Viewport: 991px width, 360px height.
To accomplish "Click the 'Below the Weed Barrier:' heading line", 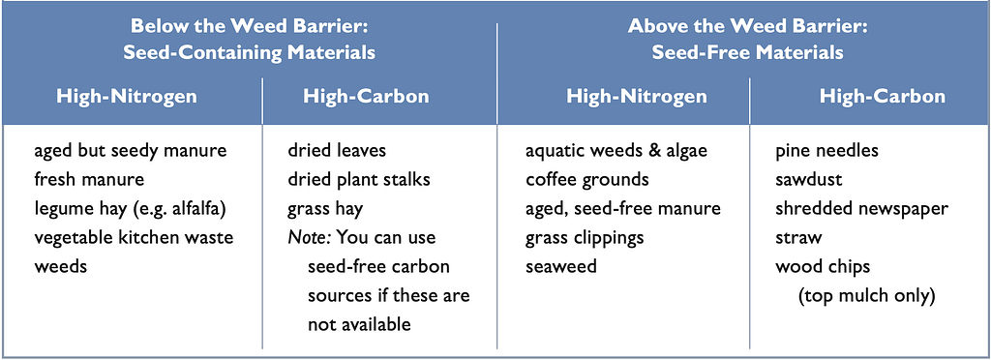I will pyautogui.click(x=249, y=25).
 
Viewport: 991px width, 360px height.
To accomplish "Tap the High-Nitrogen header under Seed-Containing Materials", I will pyautogui.click(x=127, y=97).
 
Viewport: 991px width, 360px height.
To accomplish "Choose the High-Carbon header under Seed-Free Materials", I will pyautogui.click(x=882, y=97).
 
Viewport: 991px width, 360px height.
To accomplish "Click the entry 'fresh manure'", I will pyautogui.click(x=89, y=179).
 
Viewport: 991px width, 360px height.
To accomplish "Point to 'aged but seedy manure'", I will pyautogui.click(x=130, y=151).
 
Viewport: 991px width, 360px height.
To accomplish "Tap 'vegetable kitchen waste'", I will pyautogui.click(x=134, y=237).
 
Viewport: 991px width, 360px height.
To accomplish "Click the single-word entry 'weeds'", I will pyautogui.click(x=60, y=266).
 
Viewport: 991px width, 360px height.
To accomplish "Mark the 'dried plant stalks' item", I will pyautogui.click(x=359, y=179).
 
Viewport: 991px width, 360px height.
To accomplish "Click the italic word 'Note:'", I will pyautogui.click(x=308, y=237).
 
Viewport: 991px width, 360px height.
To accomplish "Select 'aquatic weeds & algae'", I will pyautogui.click(x=616, y=151).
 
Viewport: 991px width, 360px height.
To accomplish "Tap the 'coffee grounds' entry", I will pyautogui.click(x=587, y=179).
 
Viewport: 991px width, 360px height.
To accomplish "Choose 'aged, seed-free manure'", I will pyautogui.click(x=623, y=208).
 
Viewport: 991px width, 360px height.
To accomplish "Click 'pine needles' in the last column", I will pyautogui.click(x=827, y=151).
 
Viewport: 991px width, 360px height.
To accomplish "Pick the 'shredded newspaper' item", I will pyautogui.click(x=861, y=208).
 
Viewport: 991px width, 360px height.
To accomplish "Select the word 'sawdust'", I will pyautogui.click(x=809, y=179).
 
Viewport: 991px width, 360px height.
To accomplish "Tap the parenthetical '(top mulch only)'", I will pyautogui.click(x=866, y=295).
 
